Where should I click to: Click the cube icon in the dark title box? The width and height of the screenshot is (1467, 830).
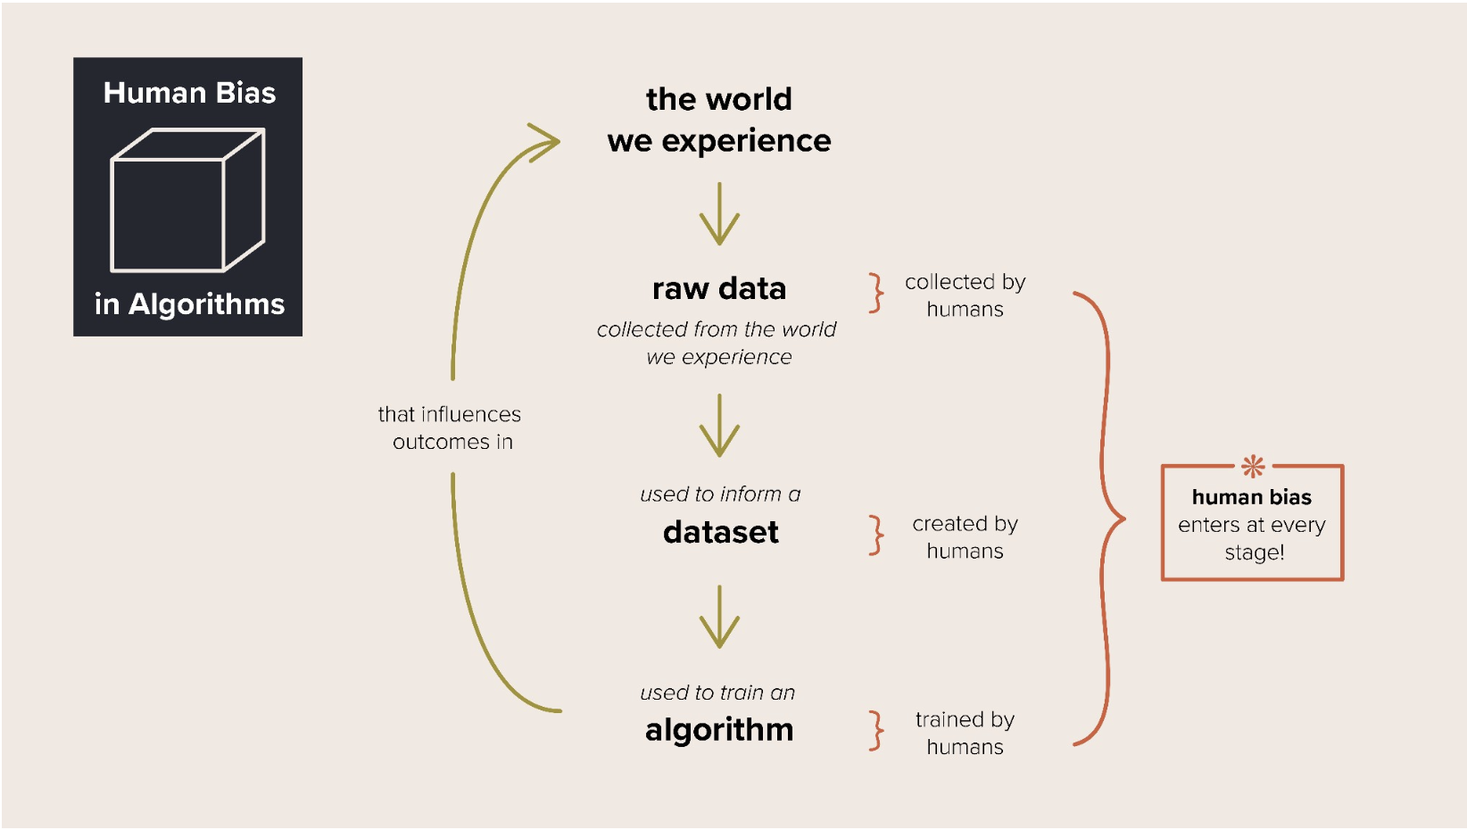click(x=187, y=200)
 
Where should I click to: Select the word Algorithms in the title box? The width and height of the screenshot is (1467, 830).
click(x=206, y=304)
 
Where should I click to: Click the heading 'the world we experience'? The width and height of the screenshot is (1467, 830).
click(x=719, y=120)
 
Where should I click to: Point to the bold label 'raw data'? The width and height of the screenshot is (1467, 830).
click(x=719, y=289)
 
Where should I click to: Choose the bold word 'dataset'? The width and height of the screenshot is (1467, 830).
click(x=721, y=533)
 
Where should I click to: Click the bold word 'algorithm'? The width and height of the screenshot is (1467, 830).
click(x=719, y=730)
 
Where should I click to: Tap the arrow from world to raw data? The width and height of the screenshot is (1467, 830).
click(x=719, y=214)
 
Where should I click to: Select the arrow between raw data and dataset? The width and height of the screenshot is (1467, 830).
click(x=719, y=426)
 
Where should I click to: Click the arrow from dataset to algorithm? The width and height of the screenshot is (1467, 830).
click(x=719, y=617)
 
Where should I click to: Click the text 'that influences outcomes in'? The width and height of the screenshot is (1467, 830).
click(x=451, y=428)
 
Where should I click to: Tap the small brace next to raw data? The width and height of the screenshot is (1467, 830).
click(x=876, y=293)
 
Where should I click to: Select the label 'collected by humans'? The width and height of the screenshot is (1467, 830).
click(x=965, y=295)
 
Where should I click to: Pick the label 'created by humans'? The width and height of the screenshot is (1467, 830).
click(x=965, y=537)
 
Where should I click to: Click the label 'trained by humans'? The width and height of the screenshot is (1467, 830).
click(x=965, y=733)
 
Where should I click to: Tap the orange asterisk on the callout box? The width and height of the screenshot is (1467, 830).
click(x=1253, y=466)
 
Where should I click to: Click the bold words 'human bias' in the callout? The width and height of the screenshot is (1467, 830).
click(x=1251, y=497)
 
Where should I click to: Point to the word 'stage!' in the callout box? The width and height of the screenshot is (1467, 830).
click(x=1254, y=553)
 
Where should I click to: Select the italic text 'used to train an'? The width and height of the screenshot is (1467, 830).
click(x=717, y=693)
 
